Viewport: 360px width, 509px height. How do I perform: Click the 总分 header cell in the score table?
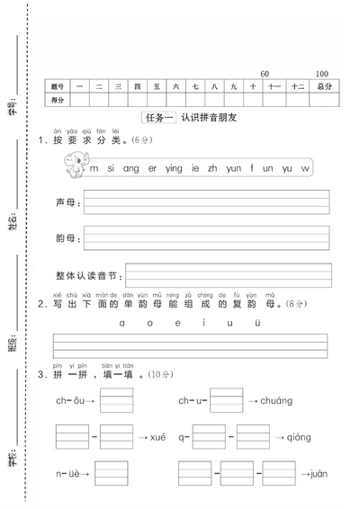[323, 86]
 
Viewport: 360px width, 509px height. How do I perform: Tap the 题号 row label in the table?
[59, 86]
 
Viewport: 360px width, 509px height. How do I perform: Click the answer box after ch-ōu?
[116, 400]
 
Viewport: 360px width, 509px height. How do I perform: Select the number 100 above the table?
[321, 73]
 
